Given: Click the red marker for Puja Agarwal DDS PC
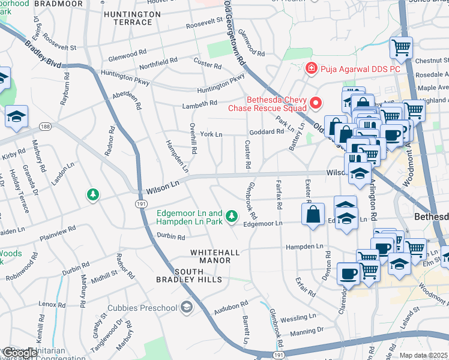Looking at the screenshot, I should [x=310, y=68].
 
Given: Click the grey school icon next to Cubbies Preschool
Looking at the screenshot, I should [x=186, y=308].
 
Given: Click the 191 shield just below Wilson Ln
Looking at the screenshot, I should [x=139, y=204].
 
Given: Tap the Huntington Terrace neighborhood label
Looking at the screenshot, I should [x=128, y=18].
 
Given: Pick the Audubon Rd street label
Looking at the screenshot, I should [x=231, y=307].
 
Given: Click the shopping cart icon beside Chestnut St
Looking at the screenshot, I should [x=400, y=47].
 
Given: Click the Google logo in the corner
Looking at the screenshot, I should [x=19, y=353].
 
